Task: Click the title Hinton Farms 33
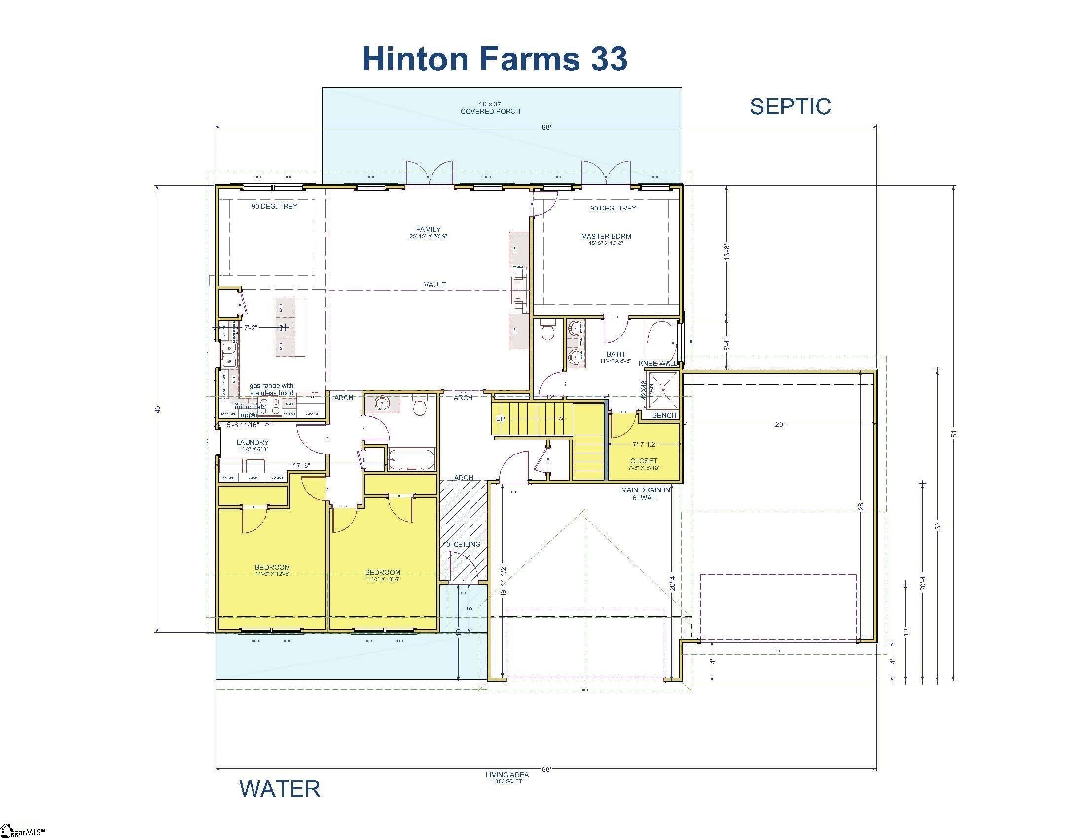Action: point(495,59)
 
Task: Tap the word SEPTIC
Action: point(790,107)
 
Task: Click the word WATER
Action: point(280,789)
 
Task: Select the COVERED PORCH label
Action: point(490,108)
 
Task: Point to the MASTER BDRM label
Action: point(606,239)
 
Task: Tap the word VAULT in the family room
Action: point(434,285)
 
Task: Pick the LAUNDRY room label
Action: point(253,445)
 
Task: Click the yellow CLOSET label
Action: point(643,464)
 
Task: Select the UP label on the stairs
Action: point(500,419)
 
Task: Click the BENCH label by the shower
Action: point(664,415)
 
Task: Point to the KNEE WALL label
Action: point(658,363)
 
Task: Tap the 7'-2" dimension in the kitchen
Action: point(251,328)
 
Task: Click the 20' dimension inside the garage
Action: point(779,424)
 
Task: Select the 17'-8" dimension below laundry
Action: point(301,465)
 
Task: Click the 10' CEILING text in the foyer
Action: point(462,544)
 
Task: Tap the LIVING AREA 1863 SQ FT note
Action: point(506,777)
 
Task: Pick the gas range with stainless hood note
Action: point(271,389)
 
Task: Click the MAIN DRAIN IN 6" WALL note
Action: point(646,493)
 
